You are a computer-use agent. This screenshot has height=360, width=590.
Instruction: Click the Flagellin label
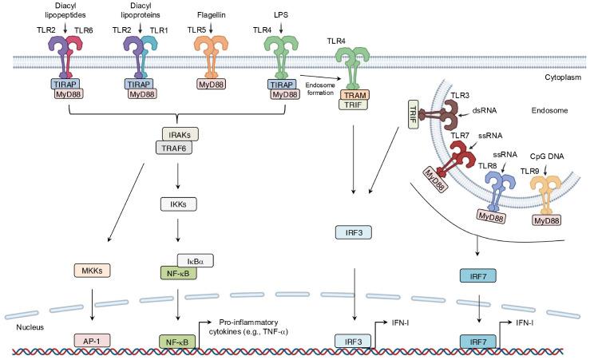[x=211, y=14]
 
